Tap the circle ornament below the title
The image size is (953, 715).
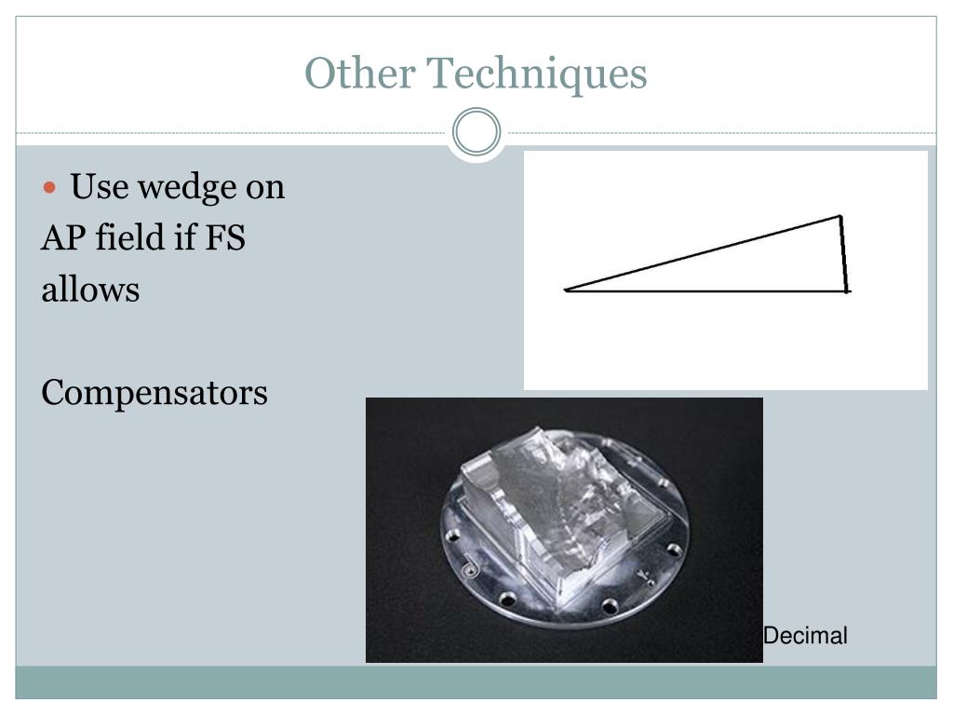tap(476, 132)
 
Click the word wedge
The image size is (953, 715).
tap(186, 188)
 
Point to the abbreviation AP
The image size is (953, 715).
tap(60, 238)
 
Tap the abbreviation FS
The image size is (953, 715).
tap(225, 238)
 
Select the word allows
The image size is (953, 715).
tap(90, 290)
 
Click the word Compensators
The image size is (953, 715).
tap(154, 393)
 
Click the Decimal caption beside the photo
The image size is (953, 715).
tap(805, 637)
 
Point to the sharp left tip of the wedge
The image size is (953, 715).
tap(566, 290)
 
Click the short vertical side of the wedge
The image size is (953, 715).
tap(844, 254)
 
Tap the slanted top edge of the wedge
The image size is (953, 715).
tap(703, 253)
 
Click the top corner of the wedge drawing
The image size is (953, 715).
tap(840, 217)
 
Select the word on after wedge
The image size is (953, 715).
tap(264, 188)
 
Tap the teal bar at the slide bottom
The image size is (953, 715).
tap(476, 682)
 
